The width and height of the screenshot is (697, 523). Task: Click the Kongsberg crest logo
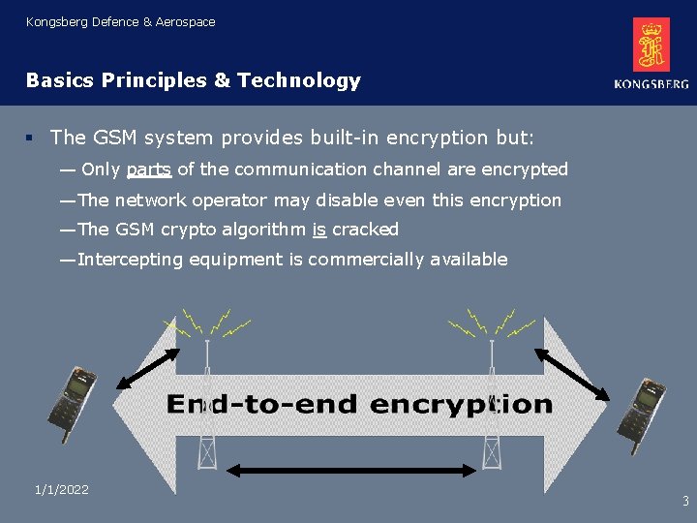click(x=652, y=45)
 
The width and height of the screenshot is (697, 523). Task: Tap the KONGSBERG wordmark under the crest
click(x=652, y=84)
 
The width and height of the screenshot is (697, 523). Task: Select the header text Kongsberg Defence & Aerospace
click(x=121, y=21)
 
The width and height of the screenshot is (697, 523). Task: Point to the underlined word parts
click(x=149, y=170)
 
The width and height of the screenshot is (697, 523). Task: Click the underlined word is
click(x=318, y=230)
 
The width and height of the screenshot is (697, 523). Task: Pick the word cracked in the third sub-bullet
click(x=365, y=230)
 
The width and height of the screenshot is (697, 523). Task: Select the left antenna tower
click(x=205, y=407)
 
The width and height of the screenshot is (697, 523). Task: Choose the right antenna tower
click(x=491, y=407)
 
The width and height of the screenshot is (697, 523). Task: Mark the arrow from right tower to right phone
click(x=572, y=372)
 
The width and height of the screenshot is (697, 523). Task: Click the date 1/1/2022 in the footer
click(x=61, y=490)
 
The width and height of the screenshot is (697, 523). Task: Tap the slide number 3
click(x=685, y=502)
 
